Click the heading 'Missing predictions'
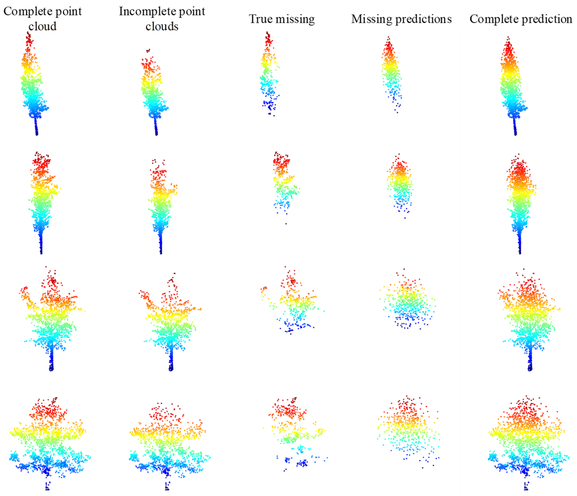(x=401, y=19)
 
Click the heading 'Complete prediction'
(x=520, y=19)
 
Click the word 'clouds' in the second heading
(x=162, y=26)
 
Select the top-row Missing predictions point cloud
(x=391, y=72)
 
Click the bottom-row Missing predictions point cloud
(x=408, y=428)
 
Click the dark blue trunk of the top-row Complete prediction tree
(x=515, y=127)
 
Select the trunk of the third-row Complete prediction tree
(x=530, y=359)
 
